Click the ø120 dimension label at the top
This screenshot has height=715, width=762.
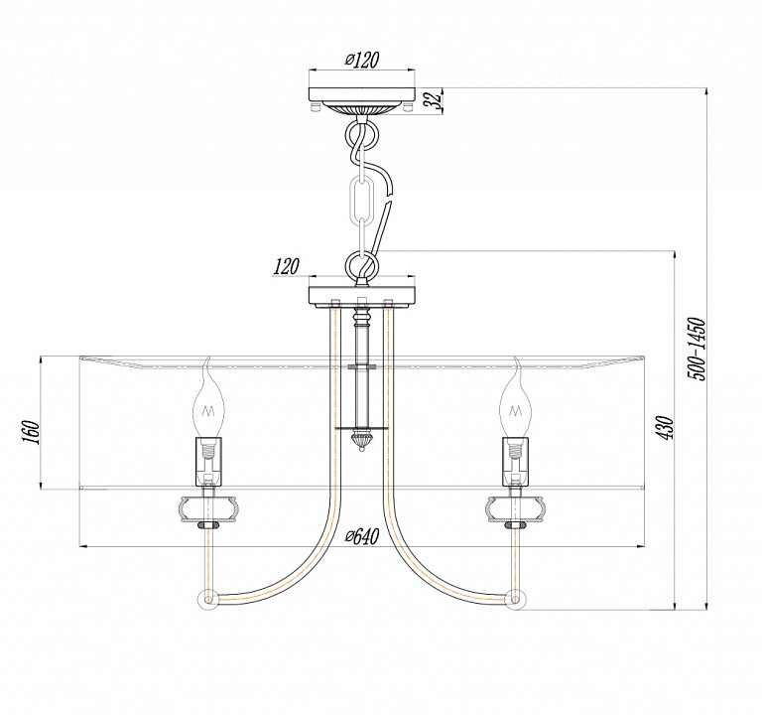[x=361, y=60]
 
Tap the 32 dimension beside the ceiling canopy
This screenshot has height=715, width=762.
[x=435, y=99]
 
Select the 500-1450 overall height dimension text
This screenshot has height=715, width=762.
[x=695, y=349]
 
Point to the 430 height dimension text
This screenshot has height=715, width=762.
[x=667, y=428]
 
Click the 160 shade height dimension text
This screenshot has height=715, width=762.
[x=31, y=431]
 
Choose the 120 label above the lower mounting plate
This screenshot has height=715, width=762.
[x=286, y=266]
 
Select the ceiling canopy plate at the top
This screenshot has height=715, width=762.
[x=362, y=94]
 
